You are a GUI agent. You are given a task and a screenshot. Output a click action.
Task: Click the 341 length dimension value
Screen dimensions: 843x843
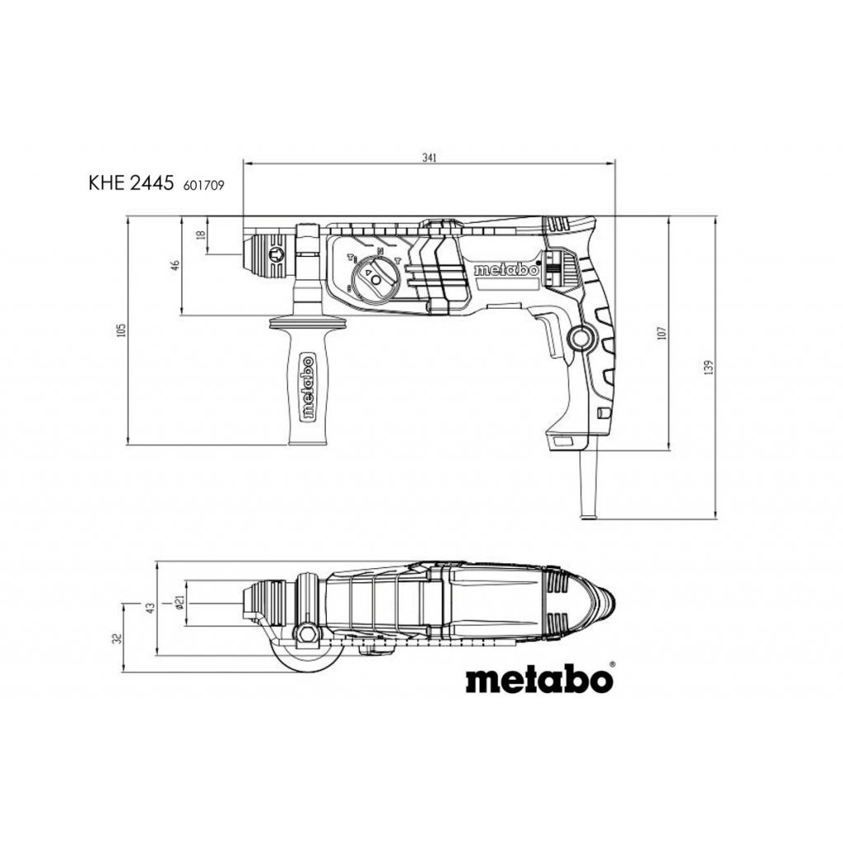(429, 157)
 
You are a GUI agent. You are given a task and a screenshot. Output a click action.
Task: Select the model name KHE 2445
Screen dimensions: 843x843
(131, 184)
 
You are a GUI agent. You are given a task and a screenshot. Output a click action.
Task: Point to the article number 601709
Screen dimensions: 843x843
(204, 185)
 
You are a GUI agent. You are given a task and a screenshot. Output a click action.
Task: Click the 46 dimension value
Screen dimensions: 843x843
(175, 265)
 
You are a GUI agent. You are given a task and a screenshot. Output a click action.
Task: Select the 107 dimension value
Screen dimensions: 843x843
(662, 333)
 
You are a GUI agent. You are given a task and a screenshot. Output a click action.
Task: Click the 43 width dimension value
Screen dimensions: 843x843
(151, 608)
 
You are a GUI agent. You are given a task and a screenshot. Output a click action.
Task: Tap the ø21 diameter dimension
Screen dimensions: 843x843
(180, 603)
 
